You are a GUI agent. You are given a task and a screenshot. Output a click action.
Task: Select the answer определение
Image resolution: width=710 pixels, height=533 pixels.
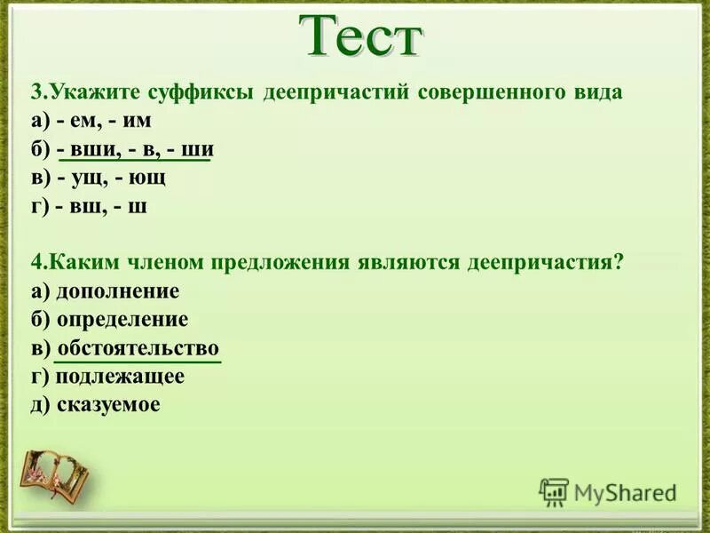[122, 320]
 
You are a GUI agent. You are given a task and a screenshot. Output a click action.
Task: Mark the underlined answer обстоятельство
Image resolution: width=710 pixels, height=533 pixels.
[138, 347]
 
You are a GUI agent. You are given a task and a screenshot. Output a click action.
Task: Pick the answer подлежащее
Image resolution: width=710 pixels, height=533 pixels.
[119, 377]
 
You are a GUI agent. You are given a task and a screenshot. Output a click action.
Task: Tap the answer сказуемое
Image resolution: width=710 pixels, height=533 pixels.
[108, 405]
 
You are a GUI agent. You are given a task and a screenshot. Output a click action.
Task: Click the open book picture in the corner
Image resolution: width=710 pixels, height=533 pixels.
[55, 470]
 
